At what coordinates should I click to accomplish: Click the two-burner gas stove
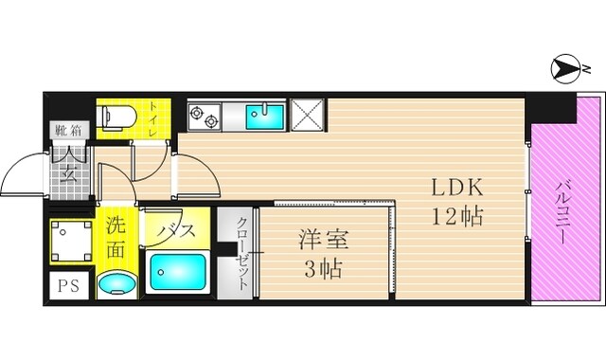point(205,117)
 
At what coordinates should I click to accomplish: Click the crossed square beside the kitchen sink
point(308,116)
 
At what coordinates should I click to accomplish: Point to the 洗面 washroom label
point(116,238)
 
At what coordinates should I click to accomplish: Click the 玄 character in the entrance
point(69,171)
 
